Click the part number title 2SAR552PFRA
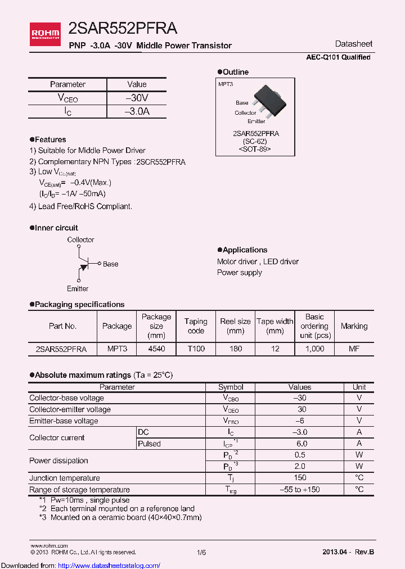(x=123, y=28)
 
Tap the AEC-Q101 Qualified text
(x=338, y=57)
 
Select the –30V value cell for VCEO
(x=137, y=98)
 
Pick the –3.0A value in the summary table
(x=137, y=111)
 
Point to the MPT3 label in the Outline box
(x=226, y=84)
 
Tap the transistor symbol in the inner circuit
(x=84, y=264)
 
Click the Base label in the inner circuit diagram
(x=110, y=264)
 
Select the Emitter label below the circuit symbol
(x=78, y=288)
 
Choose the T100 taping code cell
(x=196, y=349)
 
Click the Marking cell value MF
(x=354, y=349)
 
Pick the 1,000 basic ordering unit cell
(x=314, y=349)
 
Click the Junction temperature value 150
(x=300, y=478)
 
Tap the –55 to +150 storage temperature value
(x=300, y=489)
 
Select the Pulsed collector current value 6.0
(x=300, y=444)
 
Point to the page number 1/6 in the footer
(x=201, y=553)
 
